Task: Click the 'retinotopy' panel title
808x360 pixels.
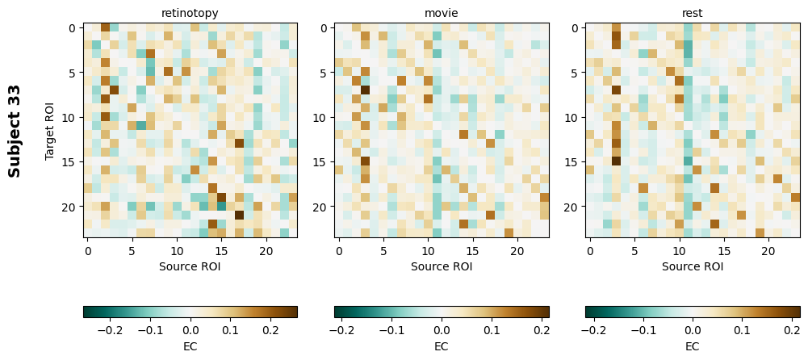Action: click(190, 13)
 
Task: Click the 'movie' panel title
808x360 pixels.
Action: click(442, 13)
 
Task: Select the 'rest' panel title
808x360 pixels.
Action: click(693, 13)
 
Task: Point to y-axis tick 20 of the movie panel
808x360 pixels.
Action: click(321, 207)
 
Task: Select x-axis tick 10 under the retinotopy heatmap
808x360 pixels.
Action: click(178, 251)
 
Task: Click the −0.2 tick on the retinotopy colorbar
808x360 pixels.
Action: click(110, 330)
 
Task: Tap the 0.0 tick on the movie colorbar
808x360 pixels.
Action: click(442, 330)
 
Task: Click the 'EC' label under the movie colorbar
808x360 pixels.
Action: click(442, 346)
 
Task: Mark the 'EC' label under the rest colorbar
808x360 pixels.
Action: click(693, 346)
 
